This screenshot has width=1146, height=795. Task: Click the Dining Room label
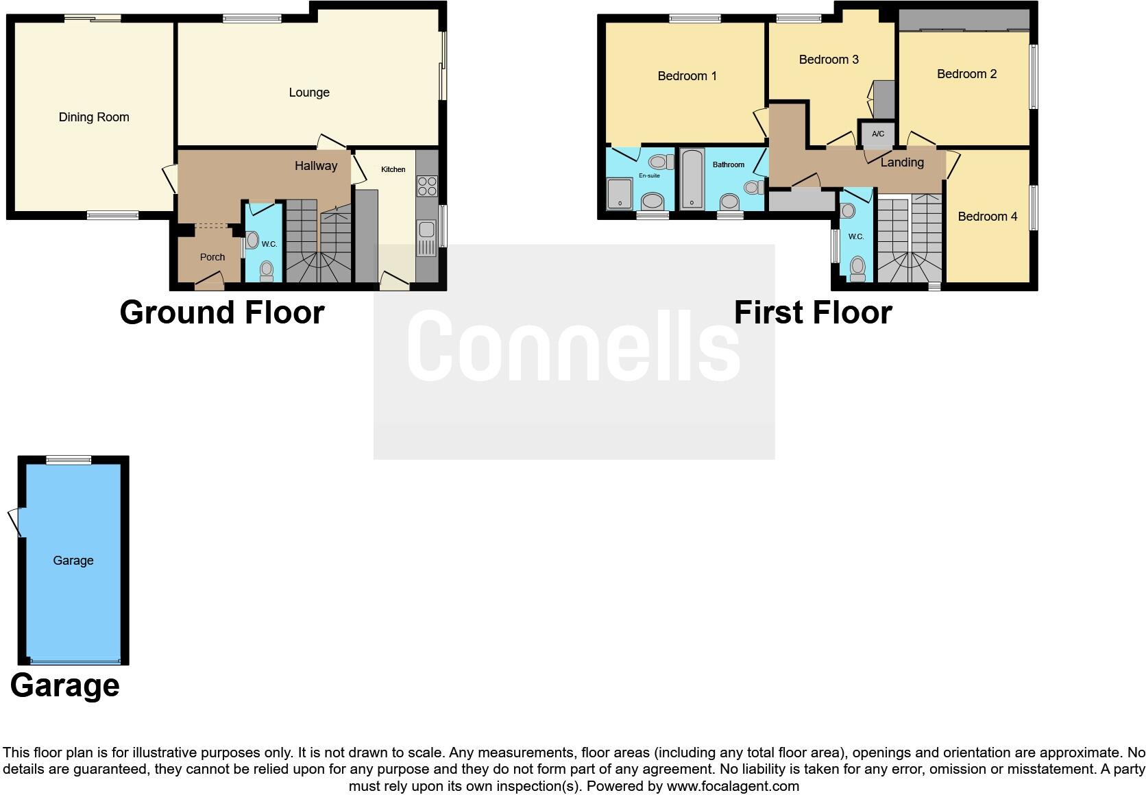(94, 117)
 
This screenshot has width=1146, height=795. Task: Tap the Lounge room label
(309, 93)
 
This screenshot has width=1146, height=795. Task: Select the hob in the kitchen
(427, 186)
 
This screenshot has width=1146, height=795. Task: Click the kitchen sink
(426, 238)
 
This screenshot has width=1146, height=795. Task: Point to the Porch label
(212, 257)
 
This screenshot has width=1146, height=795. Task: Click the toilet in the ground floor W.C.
(267, 271)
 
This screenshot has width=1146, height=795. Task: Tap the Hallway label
(316, 166)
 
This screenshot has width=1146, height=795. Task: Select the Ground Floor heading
(221, 313)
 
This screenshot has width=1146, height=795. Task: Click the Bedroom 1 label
(687, 76)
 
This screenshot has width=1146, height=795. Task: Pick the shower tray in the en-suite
(622, 194)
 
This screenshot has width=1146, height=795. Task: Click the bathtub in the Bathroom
(692, 180)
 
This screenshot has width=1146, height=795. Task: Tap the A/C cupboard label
(878, 134)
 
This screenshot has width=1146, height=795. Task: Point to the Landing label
(902, 162)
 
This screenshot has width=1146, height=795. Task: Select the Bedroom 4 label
(987, 217)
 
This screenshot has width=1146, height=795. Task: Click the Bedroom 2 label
(966, 74)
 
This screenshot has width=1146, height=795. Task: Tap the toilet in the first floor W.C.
(857, 268)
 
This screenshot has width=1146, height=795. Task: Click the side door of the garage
(16, 522)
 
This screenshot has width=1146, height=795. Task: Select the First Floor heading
(812, 313)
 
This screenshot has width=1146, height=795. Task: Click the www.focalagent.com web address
(733, 786)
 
